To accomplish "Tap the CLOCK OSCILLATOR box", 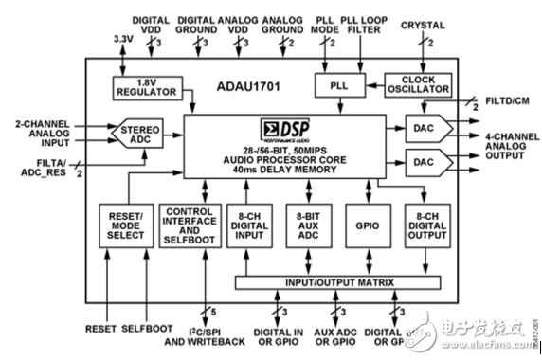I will pyautogui.click(x=413, y=86).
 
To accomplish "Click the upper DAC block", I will pyautogui.click(x=423, y=127).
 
